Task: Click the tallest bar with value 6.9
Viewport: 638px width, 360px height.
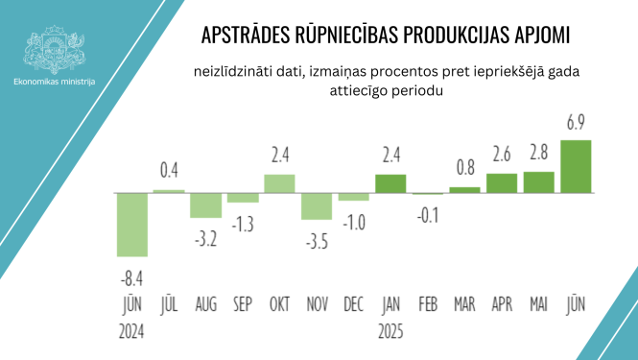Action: [x=576, y=166]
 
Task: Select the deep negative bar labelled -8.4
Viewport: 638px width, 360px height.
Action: [x=131, y=225]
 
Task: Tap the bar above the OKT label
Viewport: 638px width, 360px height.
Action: [x=279, y=183]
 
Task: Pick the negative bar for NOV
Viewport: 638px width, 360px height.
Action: [x=316, y=206]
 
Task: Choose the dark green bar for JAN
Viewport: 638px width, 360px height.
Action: [x=390, y=183]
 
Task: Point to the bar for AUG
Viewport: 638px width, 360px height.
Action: [x=205, y=205]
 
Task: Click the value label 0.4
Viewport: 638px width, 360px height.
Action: [x=169, y=171]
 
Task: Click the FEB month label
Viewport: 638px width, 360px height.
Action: [x=428, y=305]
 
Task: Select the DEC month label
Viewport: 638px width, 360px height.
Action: [x=353, y=305]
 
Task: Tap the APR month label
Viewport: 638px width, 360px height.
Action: [x=502, y=305]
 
